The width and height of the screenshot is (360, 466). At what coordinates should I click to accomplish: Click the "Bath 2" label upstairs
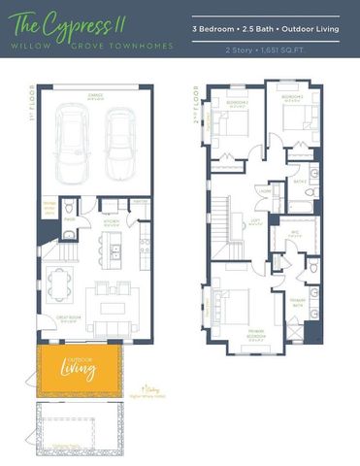[x=300, y=182]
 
